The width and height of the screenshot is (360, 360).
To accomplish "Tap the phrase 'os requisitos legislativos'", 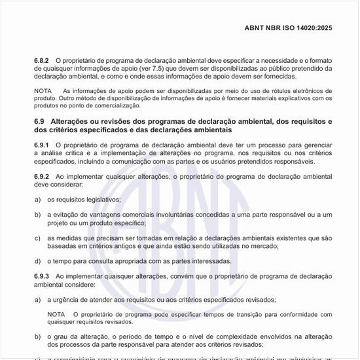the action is [84, 199].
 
